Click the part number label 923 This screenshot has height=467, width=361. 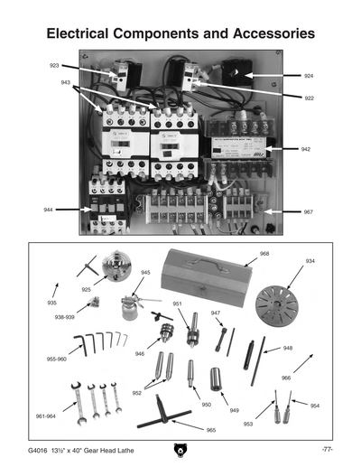point(53,66)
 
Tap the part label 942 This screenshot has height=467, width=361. point(306,148)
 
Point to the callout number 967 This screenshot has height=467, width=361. point(307,212)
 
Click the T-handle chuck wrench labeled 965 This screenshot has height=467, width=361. point(162,420)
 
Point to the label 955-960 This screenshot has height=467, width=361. point(57,359)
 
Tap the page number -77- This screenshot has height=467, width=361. point(328,450)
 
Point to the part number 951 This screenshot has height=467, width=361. point(178,304)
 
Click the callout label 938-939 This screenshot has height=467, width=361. point(64,318)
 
